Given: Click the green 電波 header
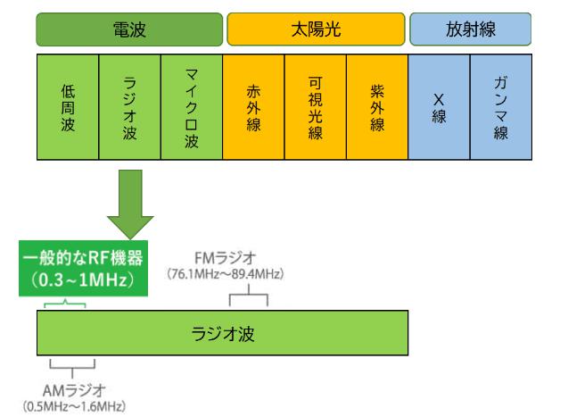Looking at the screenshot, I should pos(129,29).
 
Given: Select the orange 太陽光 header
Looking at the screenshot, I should pos(316,29).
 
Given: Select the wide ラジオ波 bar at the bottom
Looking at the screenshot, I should pos(223,332).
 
